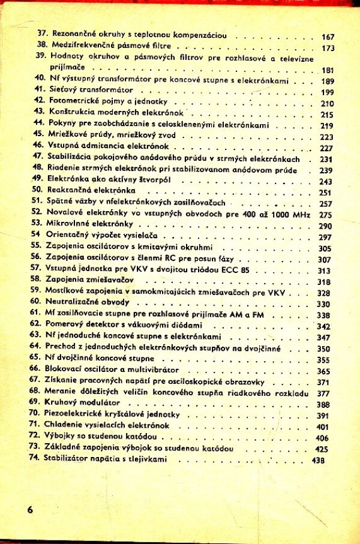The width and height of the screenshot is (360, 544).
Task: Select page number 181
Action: click(328, 70)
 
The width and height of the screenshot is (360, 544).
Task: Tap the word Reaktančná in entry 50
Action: click(70, 192)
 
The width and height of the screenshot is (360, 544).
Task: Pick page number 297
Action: click(326, 238)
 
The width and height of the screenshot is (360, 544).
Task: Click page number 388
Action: click(324, 404)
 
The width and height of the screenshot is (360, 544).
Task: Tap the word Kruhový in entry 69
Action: click(60, 403)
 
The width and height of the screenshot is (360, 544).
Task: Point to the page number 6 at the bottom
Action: click(29, 510)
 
